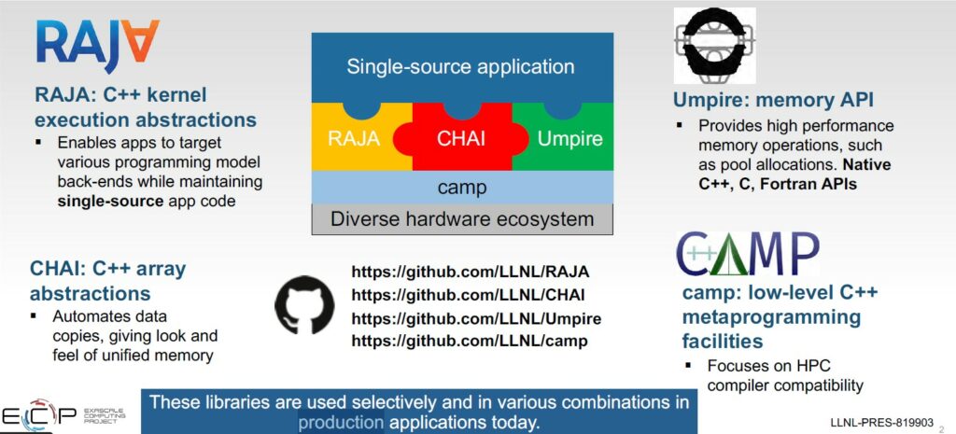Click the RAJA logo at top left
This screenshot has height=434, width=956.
97,45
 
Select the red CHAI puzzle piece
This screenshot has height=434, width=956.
462,139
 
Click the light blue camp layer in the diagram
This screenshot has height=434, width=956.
462,188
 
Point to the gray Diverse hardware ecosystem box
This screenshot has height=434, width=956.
462,219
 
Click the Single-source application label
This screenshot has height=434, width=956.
461,66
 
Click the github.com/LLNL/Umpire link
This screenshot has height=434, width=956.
476,318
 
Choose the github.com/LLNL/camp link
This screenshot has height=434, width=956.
470,341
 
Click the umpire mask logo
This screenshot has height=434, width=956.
714,46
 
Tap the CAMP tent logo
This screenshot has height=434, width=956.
747,254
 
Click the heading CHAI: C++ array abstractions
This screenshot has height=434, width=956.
108,281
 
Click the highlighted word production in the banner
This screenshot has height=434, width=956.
341,423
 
